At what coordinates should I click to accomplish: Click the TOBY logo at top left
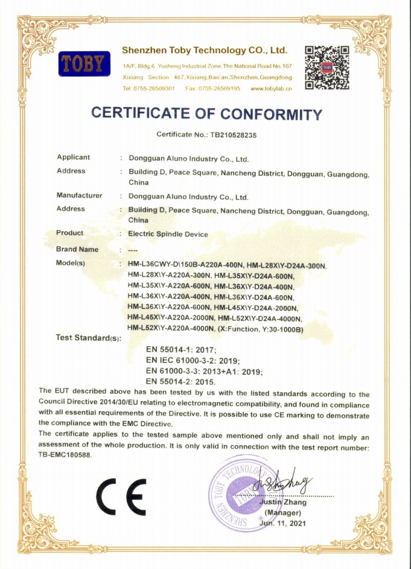(x=84, y=63)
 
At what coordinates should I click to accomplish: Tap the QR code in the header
(x=327, y=67)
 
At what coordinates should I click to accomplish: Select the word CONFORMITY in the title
(x=271, y=114)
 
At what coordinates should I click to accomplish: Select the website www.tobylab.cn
(x=271, y=89)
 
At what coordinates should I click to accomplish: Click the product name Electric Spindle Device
(x=168, y=234)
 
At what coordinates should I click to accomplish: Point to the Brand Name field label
(x=77, y=249)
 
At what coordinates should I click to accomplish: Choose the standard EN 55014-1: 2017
(x=181, y=350)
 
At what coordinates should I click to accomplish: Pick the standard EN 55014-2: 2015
(x=181, y=382)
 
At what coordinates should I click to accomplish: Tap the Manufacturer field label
(x=79, y=196)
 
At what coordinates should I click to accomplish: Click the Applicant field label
(x=73, y=158)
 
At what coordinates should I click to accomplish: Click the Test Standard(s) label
(x=88, y=338)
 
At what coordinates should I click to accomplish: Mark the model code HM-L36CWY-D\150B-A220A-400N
(x=184, y=266)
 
